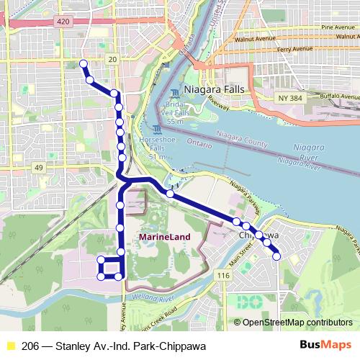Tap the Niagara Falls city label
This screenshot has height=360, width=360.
point(214,89)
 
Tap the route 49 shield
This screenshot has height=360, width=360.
point(38,168)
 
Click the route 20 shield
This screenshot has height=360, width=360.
point(112,59)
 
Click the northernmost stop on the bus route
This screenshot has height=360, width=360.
point(83,64)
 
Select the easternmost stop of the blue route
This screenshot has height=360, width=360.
point(276,256)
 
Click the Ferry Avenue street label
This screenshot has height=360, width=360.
point(294,49)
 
